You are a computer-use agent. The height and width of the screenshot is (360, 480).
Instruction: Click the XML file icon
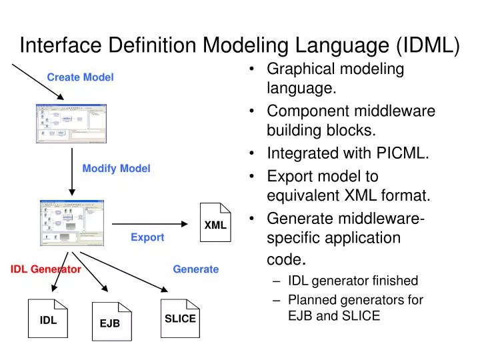point(215,222)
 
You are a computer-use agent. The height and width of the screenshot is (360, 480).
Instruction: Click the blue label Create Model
point(80,77)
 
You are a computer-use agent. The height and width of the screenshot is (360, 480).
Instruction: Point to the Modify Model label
point(116,169)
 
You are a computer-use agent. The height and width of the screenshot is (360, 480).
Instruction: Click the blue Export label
point(147,237)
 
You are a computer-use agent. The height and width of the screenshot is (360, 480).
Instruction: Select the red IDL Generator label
point(45,269)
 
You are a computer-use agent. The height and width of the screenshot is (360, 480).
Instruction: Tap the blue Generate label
point(195,269)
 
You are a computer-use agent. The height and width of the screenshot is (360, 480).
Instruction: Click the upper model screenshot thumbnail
point(72,123)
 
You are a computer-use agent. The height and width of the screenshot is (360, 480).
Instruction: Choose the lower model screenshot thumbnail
point(72,223)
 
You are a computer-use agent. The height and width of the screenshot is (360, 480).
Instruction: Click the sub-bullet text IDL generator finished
point(353,281)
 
